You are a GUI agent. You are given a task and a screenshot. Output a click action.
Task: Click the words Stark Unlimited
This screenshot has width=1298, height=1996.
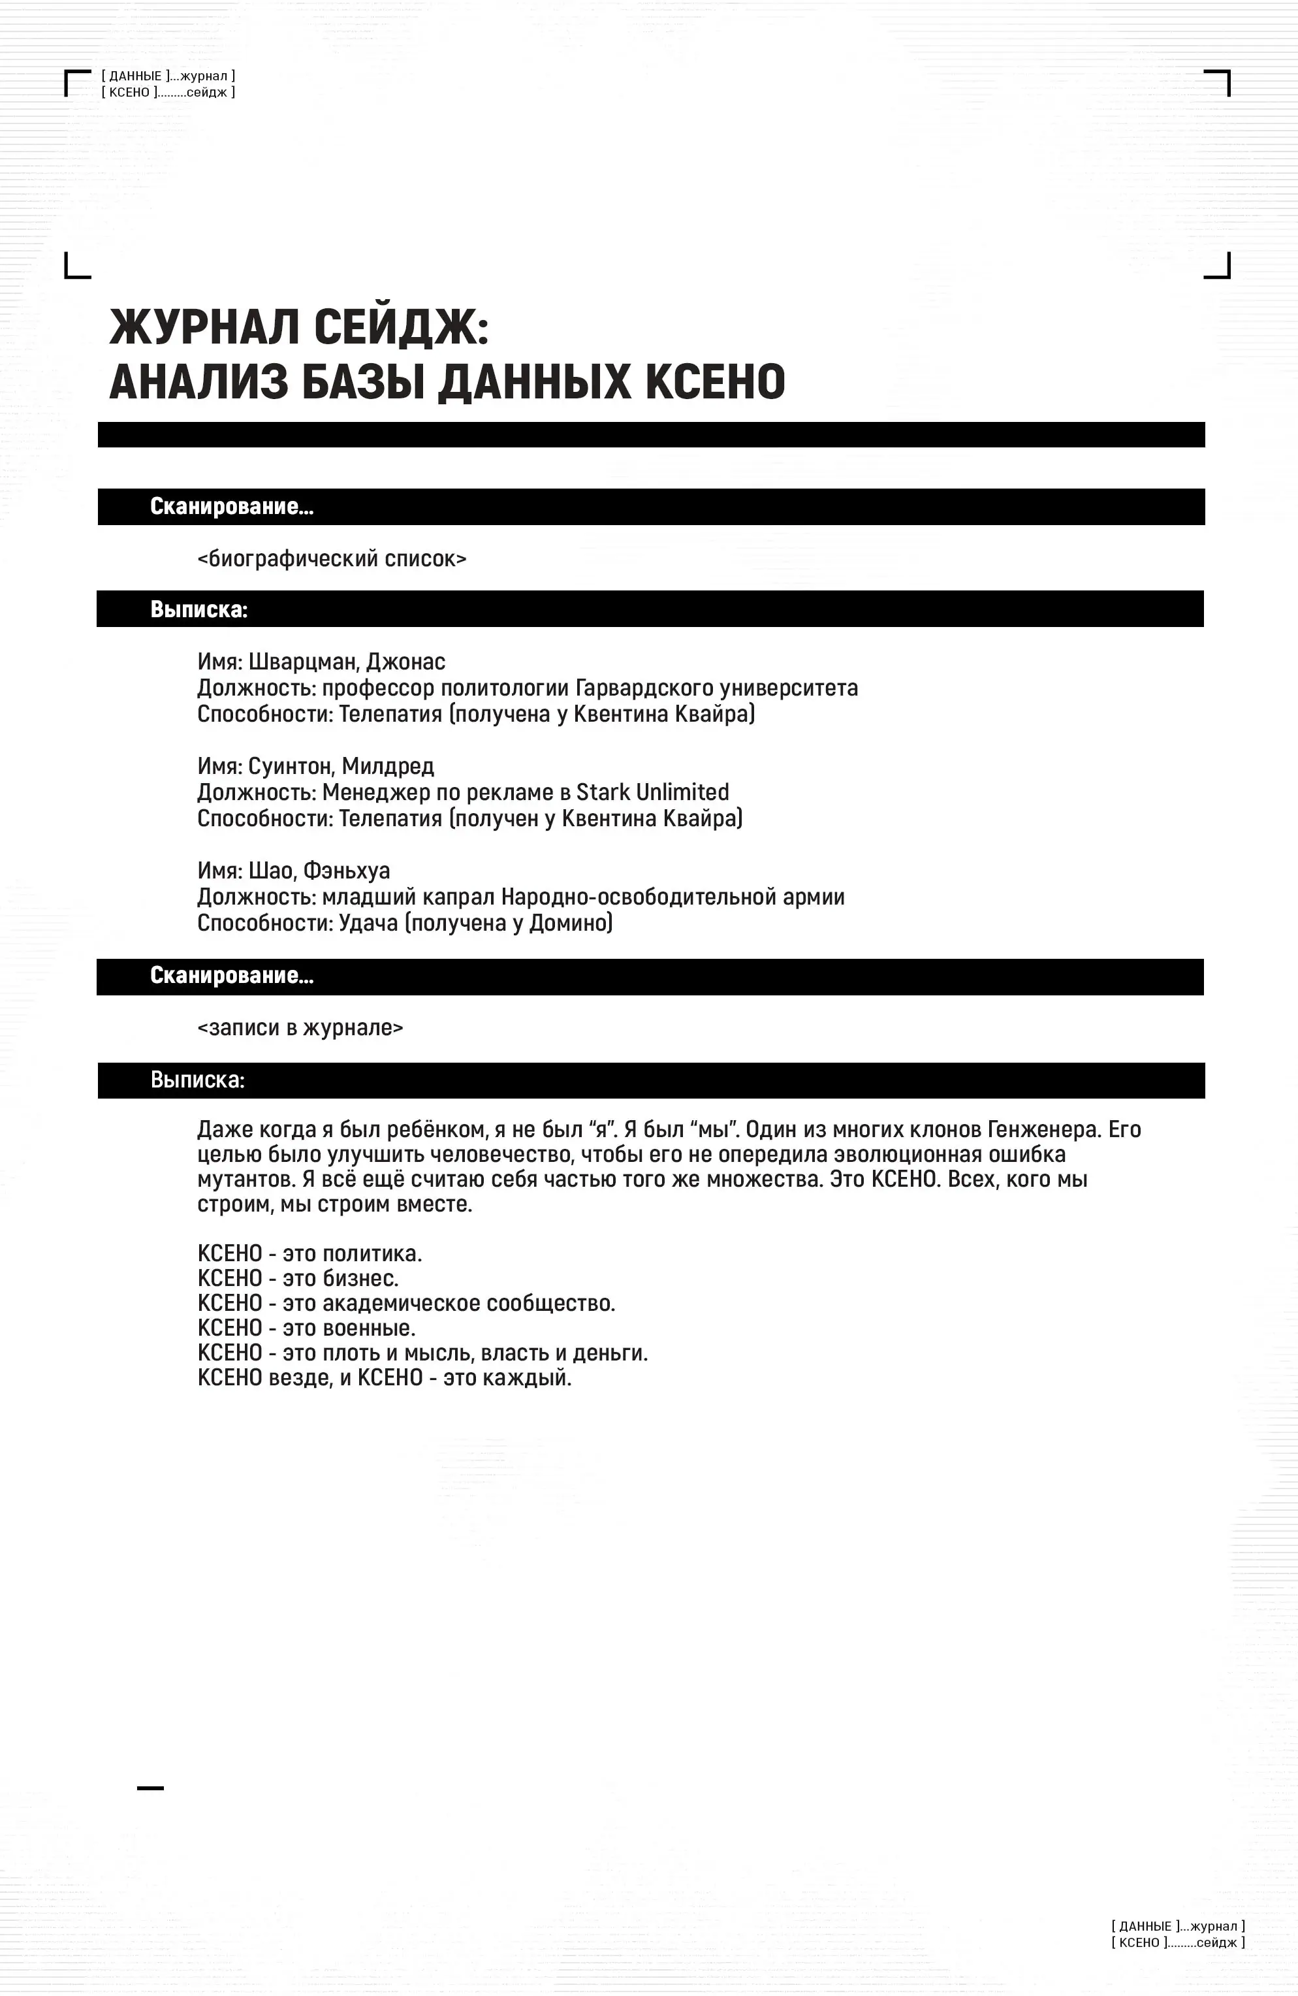[652, 792]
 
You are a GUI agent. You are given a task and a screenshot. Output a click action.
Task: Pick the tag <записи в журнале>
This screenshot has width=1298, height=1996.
[300, 1027]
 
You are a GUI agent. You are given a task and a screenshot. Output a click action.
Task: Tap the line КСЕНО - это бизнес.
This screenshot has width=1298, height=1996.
[298, 1278]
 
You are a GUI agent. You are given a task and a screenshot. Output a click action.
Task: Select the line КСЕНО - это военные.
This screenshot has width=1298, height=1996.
[306, 1328]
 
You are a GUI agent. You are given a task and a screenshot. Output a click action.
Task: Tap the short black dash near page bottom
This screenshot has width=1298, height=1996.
[150, 1788]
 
